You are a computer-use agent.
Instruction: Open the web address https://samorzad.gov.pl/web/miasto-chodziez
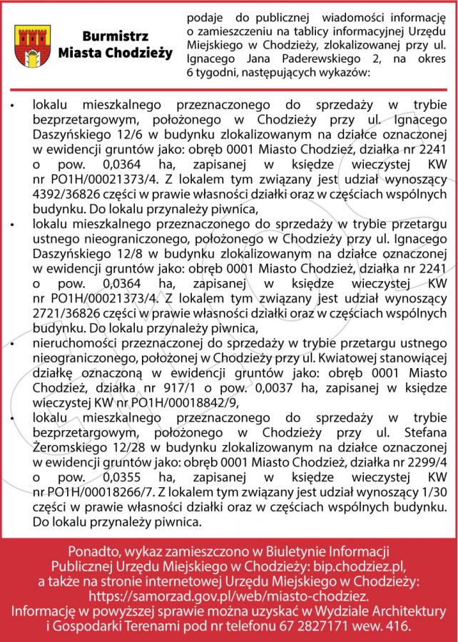point(228,596)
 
